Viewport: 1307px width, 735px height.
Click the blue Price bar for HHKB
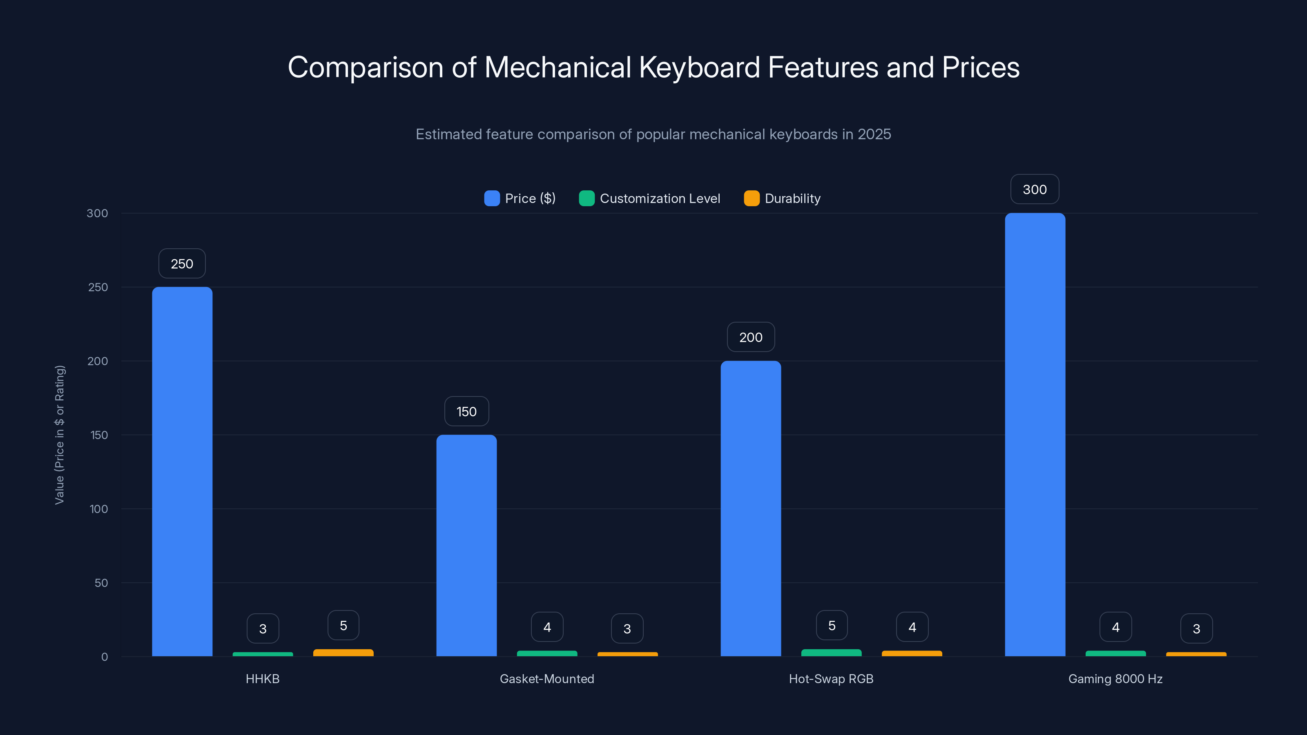click(182, 472)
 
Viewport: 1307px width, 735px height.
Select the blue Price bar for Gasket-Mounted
click(466, 545)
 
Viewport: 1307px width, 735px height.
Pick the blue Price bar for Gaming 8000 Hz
click(1035, 435)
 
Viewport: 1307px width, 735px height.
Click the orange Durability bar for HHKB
click(343, 653)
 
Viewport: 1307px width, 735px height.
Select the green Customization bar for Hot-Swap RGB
click(831, 653)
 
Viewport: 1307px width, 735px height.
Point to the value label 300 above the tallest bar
click(1035, 189)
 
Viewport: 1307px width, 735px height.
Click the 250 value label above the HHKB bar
click(182, 264)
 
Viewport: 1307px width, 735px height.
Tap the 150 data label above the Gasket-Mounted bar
click(466, 411)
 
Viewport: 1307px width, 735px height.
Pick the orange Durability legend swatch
click(752, 198)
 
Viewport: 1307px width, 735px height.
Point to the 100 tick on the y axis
click(98, 509)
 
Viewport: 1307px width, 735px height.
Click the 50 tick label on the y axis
click(101, 583)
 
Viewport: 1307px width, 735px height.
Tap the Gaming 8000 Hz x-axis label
click(1115, 679)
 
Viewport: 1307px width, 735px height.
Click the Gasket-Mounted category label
click(546, 679)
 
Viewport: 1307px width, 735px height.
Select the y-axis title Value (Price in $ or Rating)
click(59, 435)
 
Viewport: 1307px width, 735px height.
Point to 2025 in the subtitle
click(874, 134)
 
